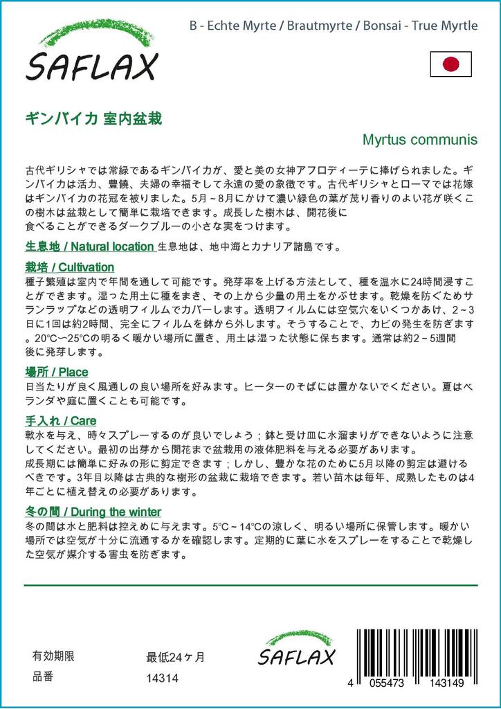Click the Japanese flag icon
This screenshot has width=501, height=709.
450,64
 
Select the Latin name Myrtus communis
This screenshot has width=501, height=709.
420,139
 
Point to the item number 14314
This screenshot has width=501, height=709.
163,679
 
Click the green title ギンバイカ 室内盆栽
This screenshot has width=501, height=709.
93,118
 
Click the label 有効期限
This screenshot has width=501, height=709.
53,656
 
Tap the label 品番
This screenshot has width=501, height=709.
42,678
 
